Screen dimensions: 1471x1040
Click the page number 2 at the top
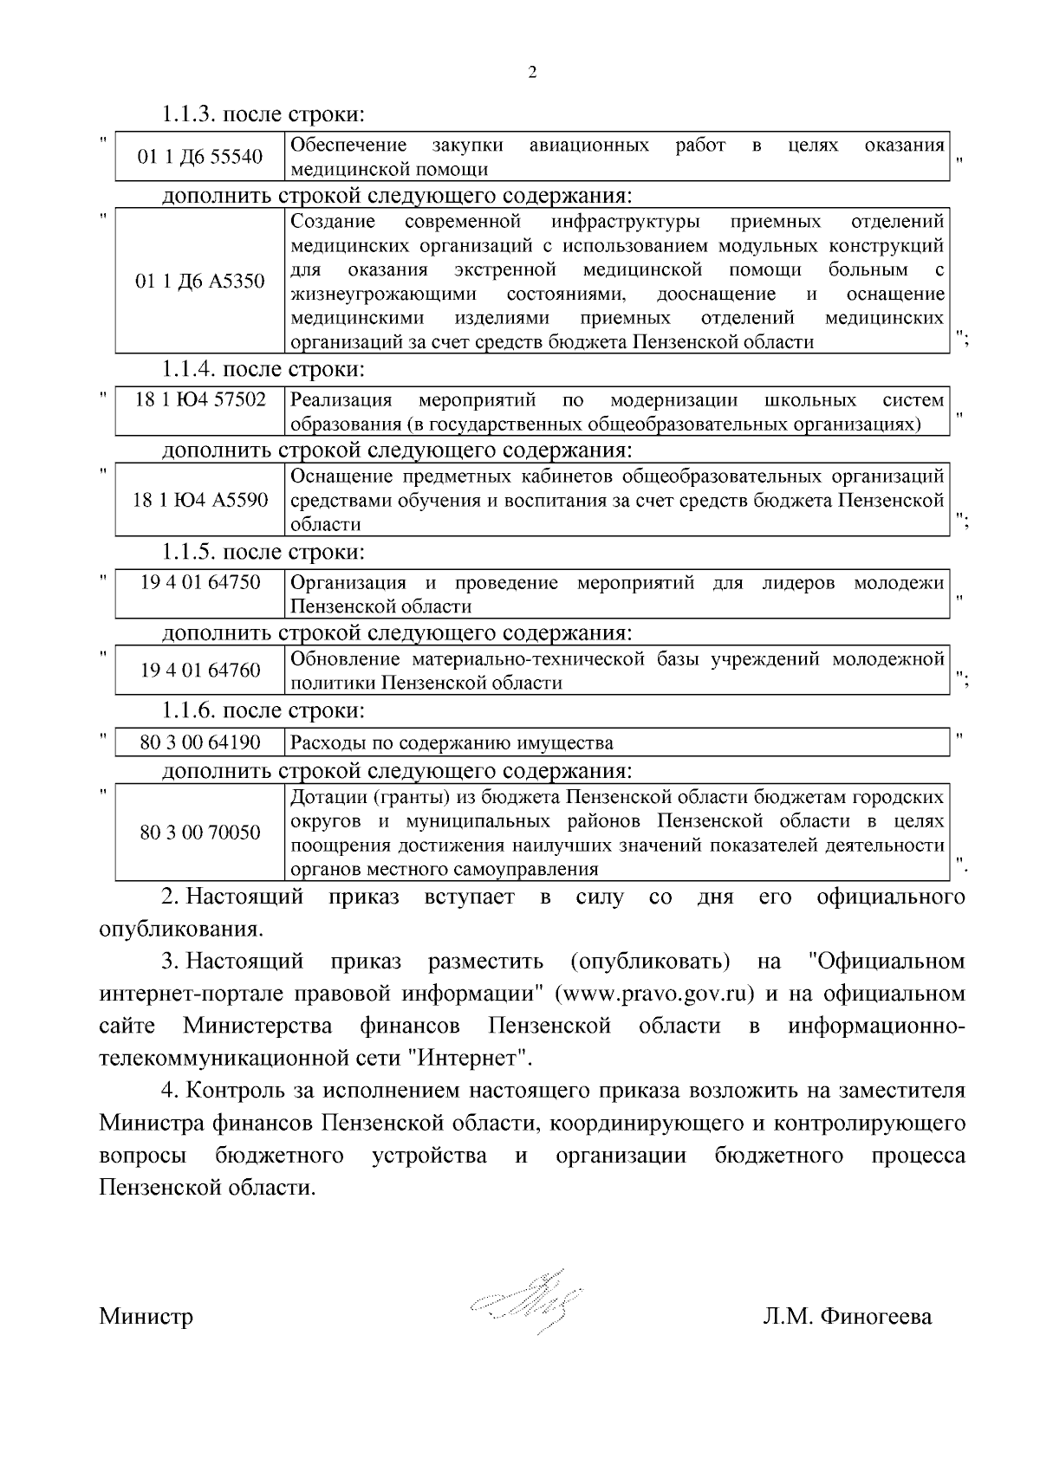tap(532, 73)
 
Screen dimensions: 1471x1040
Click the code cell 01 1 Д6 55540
tap(200, 157)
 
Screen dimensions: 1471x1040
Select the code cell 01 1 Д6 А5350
tap(200, 282)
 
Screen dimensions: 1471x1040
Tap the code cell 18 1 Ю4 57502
tap(200, 400)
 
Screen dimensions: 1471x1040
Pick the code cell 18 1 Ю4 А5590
tap(200, 501)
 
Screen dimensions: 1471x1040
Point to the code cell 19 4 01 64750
tap(200, 582)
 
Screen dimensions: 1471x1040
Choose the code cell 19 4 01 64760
tap(200, 671)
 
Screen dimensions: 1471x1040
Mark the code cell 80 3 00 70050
tap(200, 833)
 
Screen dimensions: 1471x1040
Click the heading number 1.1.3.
tap(188, 114)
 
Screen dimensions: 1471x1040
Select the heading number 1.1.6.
tap(188, 711)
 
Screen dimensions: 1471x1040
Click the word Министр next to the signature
tap(146, 1318)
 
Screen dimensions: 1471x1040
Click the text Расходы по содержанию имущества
tap(452, 743)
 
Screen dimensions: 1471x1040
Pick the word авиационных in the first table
tap(588, 146)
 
